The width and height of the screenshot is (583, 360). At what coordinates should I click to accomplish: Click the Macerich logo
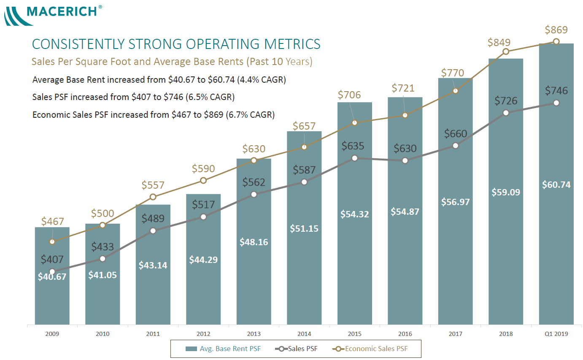[x=53, y=14]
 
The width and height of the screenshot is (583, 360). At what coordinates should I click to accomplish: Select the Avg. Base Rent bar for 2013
[x=254, y=274]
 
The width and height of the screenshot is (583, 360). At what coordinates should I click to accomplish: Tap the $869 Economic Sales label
[x=556, y=30]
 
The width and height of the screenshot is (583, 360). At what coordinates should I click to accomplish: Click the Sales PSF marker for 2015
[x=355, y=158]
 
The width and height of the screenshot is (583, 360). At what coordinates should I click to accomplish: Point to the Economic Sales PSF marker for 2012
[x=203, y=180]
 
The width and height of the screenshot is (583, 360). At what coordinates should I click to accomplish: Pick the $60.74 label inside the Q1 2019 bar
[x=556, y=184]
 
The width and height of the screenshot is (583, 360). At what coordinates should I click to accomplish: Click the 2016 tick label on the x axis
[x=405, y=334]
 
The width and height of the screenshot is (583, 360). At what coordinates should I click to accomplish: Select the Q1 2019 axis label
[x=556, y=334]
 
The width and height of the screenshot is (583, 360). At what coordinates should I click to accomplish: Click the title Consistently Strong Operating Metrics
[x=176, y=44]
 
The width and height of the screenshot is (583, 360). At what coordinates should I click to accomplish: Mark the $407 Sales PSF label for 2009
[x=52, y=259]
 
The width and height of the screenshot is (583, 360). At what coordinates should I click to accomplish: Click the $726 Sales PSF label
[x=506, y=101]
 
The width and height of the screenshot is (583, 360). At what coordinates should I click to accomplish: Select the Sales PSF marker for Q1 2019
[x=556, y=103]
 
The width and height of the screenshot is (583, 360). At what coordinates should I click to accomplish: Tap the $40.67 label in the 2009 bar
[x=52, y=277]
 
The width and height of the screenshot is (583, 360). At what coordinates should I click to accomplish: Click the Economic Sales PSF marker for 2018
[x=506, y=51]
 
